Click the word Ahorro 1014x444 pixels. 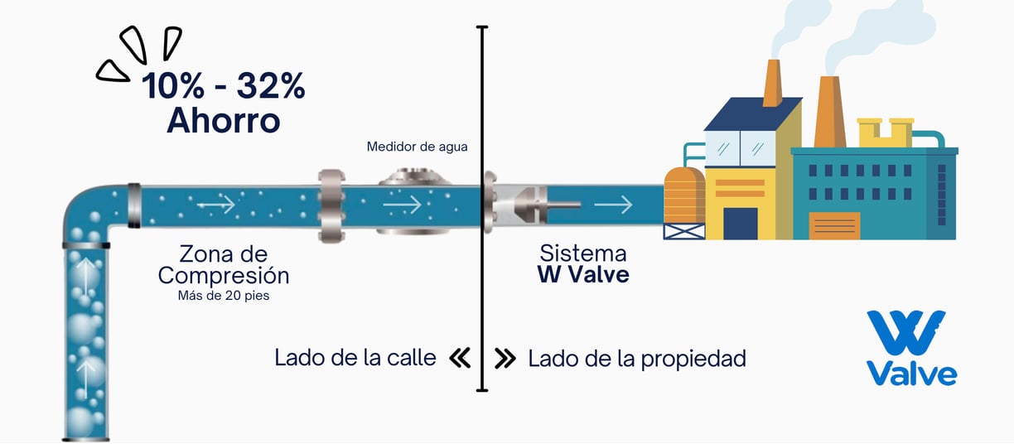(x=223, y=121)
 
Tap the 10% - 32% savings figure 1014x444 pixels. (x=223, y=86)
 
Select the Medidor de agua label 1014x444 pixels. (x=417, y=147)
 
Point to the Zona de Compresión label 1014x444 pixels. (x=224, y=264)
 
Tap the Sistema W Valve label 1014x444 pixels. (x=583, y=263)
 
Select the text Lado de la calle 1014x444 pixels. (x=355, y=358)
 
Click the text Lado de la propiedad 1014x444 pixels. (x=636, y=358)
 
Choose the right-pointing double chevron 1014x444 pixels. (x=505, y=358)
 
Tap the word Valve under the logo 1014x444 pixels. (x=911, y=373)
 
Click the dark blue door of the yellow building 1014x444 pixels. (x=740, y=223)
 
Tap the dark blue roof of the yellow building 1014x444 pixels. (x=752, y=113)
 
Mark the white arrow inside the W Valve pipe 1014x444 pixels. (x=613, y=203)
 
